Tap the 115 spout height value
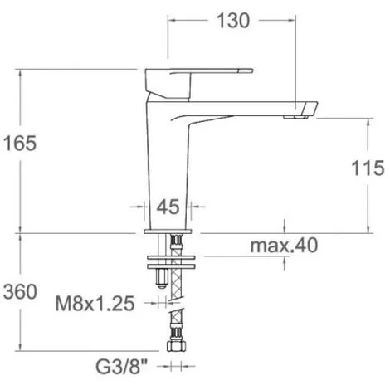coord(366,169)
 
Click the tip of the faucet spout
coord(309,108)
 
